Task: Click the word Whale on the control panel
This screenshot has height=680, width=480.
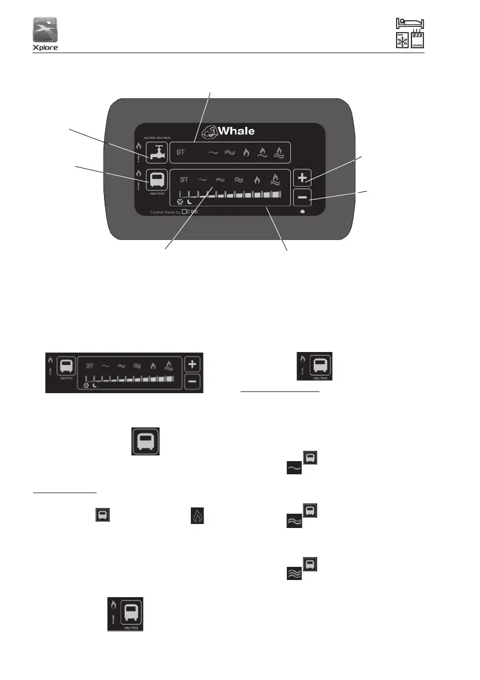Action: point(235,130)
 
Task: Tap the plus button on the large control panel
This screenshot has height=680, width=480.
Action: point(302,178)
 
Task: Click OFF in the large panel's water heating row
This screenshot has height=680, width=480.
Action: point(181,153)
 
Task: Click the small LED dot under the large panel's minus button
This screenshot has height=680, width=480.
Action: point(302,211)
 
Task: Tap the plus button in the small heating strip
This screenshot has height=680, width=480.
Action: point(193,365)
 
